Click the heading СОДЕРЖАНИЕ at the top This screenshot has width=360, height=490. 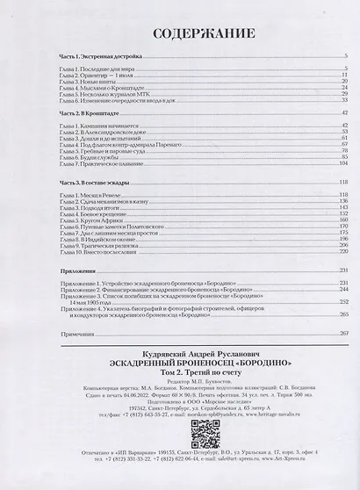click(x=179, y=33)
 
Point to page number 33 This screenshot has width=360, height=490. click(x=347, y=101)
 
